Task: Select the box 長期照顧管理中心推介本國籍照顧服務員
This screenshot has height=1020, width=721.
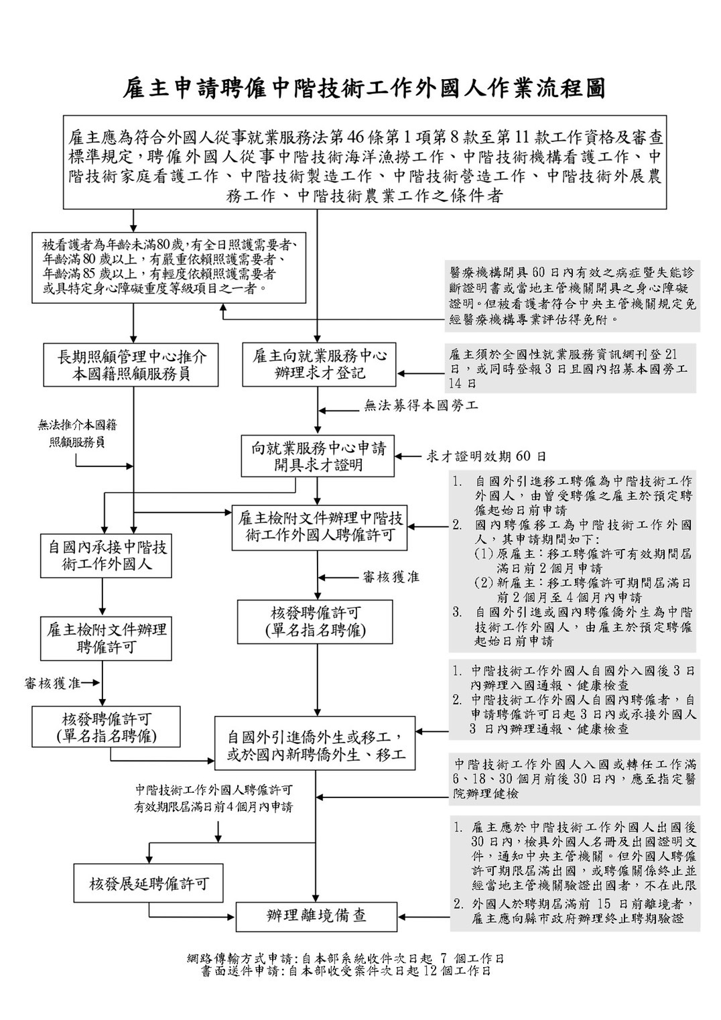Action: point(131,365)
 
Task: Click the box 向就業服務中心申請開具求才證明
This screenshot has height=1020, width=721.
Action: point(318,456)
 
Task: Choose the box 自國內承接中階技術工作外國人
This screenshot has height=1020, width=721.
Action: point(106,556)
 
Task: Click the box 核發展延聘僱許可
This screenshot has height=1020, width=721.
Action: point(149,883)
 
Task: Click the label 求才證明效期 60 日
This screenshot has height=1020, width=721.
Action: point(486,456)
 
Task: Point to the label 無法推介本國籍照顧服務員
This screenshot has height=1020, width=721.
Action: point(77,434)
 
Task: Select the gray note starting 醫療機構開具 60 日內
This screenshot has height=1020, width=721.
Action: point(573,296)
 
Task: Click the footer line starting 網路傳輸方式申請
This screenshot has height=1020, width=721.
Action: point(346,959)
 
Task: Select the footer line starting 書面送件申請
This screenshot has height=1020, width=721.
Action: point(346,970)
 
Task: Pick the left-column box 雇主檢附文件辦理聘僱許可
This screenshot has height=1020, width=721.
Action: point(106,638)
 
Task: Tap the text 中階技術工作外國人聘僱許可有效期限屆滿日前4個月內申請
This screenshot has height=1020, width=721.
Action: point(214,798)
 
